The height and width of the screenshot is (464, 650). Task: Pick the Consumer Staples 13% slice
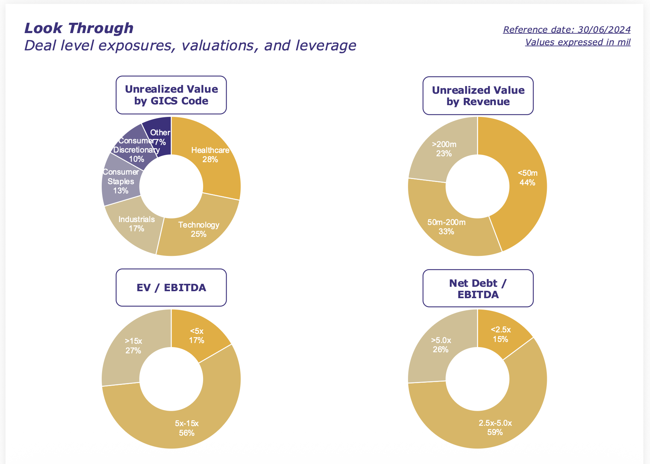[x=119, y=182]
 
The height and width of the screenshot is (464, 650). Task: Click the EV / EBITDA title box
[x=171, y=288]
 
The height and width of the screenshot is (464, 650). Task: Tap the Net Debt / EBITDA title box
[x=478, y=288]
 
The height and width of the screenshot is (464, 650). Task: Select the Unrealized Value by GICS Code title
[x=171, y=95]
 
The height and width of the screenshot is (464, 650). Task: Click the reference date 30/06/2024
[x=567, y=30]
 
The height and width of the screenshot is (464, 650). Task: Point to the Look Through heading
[x=79, y=28]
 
